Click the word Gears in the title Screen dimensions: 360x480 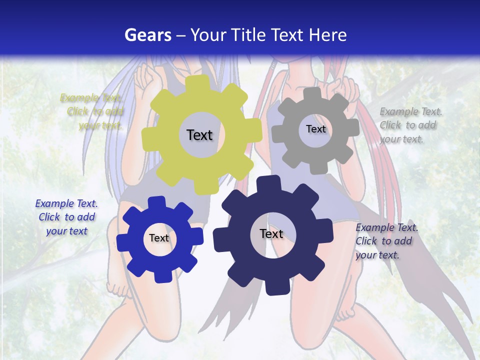(146, 35)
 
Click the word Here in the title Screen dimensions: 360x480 (327, 35)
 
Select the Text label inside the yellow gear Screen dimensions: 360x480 (199, 135)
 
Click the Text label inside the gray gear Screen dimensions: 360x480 (315, 129)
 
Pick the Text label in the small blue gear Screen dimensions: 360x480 (159, 238)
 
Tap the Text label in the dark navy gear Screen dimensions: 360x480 (271, 234)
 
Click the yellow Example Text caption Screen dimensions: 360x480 (92, 111)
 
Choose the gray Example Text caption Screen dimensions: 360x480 (410, 125)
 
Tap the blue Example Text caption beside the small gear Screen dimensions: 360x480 (66, 217)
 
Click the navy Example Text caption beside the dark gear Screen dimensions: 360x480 (386, 241)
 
